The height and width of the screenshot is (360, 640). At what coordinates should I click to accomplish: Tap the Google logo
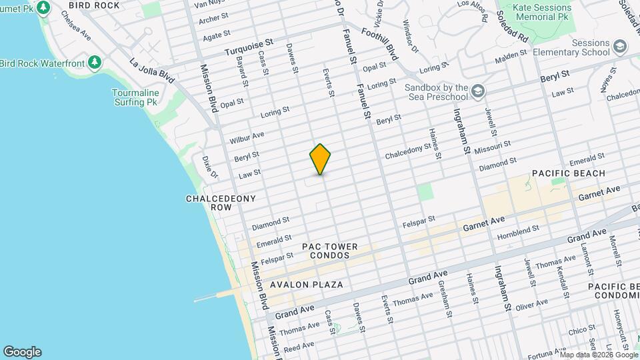[x=22, y=352]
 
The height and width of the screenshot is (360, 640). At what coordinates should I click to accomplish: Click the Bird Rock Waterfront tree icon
[x=95, y=63]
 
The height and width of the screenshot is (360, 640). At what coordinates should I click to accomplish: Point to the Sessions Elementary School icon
[x=620, y=46]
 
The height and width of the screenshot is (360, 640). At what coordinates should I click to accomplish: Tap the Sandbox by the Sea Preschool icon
[x=478, y=91]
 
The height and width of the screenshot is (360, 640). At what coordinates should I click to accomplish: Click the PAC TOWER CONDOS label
[x=329, y=251]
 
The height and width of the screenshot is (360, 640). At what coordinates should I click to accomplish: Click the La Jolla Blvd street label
[x=152, y=71]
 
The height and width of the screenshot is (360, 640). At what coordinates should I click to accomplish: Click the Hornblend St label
[x=518, y=232]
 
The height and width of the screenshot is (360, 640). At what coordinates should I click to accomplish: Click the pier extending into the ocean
[x=217, y=297]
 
